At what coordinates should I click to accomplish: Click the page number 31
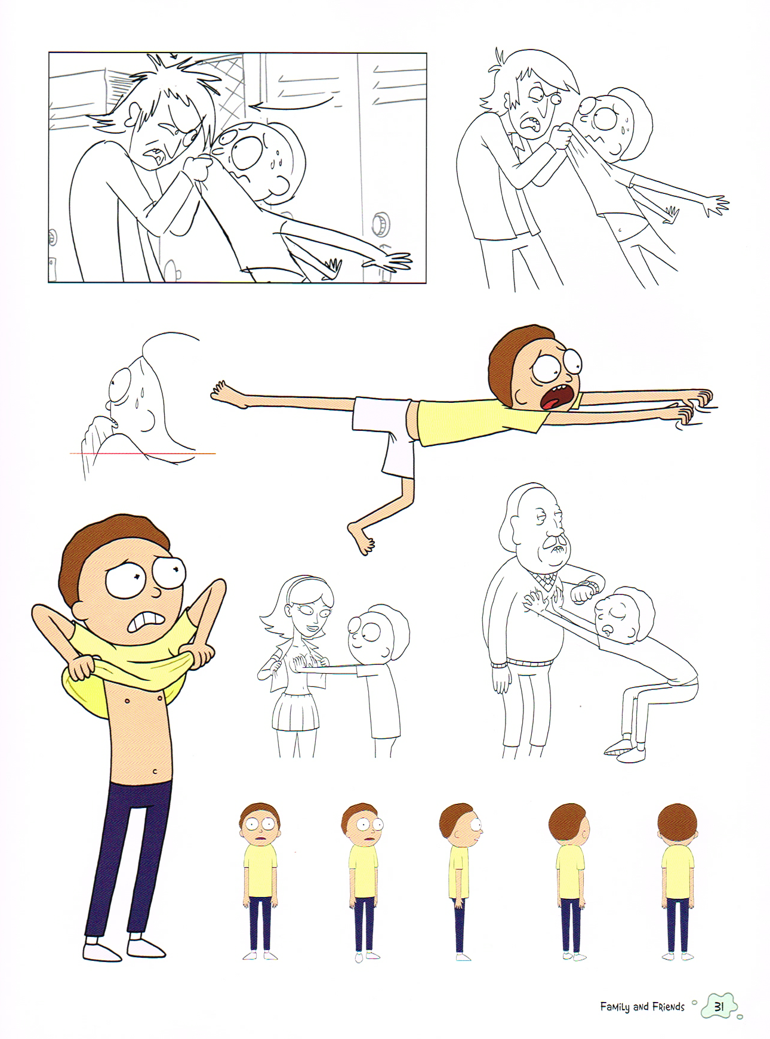click(719, 1006)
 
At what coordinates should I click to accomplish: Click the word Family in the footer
click(615, 1007)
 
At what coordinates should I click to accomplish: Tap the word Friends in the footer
click(668, 1007)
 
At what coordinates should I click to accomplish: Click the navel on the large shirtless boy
click(155, 772)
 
